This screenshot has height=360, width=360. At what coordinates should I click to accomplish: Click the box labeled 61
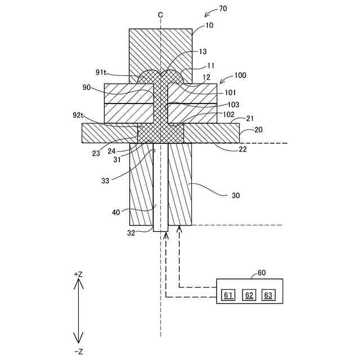click(x=228, y=295)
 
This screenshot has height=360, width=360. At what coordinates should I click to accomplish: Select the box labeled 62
click(x=248, y=295)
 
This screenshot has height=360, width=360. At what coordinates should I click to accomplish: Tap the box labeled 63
click(x=268, y=295)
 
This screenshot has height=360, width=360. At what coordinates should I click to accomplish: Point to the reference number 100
click(x=240, y=75)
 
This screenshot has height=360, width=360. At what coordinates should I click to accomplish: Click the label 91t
click(x=102, y=72)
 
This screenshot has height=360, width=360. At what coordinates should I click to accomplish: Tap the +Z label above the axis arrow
click(x=78, y=274)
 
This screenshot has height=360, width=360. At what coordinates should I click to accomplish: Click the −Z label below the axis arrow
click(x=78, y=352)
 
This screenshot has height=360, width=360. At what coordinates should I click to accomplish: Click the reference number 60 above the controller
click(x=262, y=273)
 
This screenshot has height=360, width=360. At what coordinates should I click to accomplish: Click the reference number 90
click(x=87, y=88)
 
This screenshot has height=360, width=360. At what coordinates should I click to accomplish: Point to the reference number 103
click(x=233, y=105)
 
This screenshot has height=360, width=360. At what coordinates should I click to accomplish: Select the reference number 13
click(x=202, y=51)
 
